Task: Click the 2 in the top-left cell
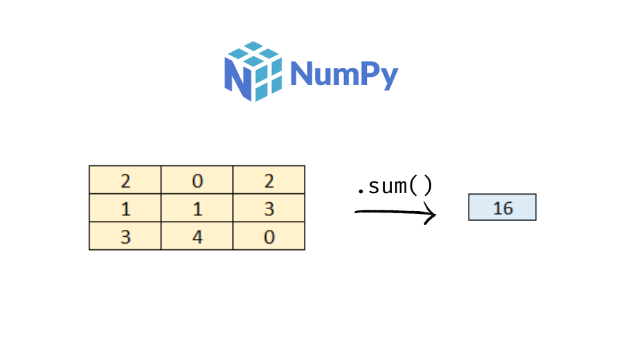point(125,181)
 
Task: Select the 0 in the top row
point(197,181)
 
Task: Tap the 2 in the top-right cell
point(269,181)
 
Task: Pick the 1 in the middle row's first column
point(125,209)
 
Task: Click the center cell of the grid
point(197,209)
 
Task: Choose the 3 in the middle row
point(269,209)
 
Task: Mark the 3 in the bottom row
point(125,237)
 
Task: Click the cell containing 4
point(197,237)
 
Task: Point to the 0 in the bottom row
point(269,237)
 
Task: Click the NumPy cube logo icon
point(253,71)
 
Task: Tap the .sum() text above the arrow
point(394,186)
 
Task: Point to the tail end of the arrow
point(357,212)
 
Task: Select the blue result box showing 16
point(503,208)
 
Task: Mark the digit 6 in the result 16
point(507,208)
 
